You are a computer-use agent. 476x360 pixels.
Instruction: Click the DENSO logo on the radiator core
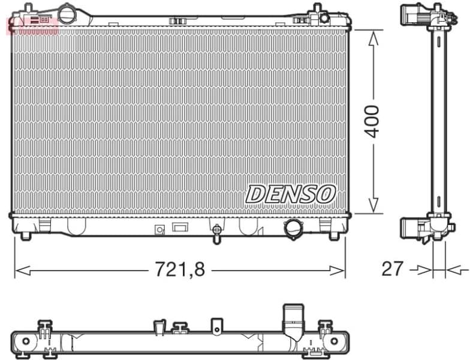pyautogui.click(x=291, y=193)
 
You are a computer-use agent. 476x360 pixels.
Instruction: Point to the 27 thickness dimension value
pyautogui.click(x=393, y=268)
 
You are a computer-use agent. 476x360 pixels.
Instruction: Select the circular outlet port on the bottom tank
pyautogui.click(x=294, y=227)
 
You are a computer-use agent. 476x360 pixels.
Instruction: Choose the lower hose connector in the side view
pyautogui.click(x=413, y=228)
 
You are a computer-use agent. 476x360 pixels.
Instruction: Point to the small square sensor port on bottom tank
pyautogui.click(x=159, y=229)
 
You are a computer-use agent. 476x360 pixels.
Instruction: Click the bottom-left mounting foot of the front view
pyautogui.click(x=25, y=235)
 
